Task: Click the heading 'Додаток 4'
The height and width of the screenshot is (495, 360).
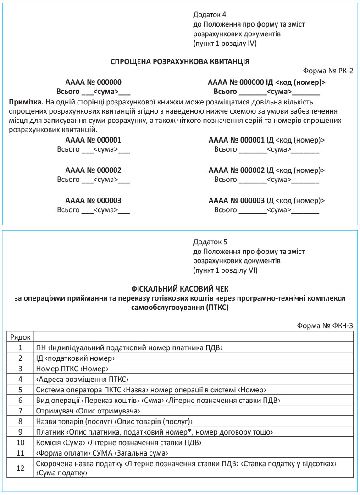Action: [210, 15]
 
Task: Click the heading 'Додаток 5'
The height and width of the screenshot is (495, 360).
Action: [210, 241]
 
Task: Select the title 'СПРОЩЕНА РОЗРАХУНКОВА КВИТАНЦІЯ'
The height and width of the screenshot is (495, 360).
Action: [180, 61]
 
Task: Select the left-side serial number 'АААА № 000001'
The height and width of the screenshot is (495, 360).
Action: [93, 140]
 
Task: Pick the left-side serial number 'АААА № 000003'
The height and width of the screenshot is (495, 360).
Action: [93, 201]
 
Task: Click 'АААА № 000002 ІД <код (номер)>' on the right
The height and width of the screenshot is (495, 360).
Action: [266, 170]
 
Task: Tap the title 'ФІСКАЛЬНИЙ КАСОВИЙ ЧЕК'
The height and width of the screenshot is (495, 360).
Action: [180, 289]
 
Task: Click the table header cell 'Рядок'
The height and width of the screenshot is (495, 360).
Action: [20, 337]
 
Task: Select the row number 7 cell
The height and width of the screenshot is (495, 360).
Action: [20, 410]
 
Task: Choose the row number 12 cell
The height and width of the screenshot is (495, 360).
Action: [20, 468]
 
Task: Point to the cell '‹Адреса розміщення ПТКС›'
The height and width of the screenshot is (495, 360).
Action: [81, 379]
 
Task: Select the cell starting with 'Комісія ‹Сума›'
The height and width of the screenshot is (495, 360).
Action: [118, 442]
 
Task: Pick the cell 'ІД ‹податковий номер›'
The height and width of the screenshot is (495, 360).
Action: [75, 358]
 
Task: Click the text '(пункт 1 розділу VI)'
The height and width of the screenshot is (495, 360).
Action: [225, 270]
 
